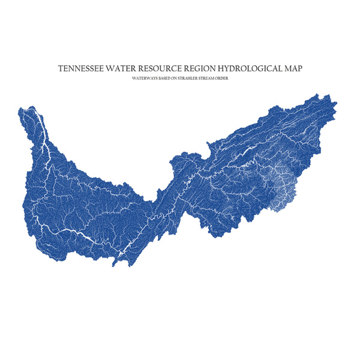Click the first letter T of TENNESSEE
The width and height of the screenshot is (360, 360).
pos(60,68)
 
